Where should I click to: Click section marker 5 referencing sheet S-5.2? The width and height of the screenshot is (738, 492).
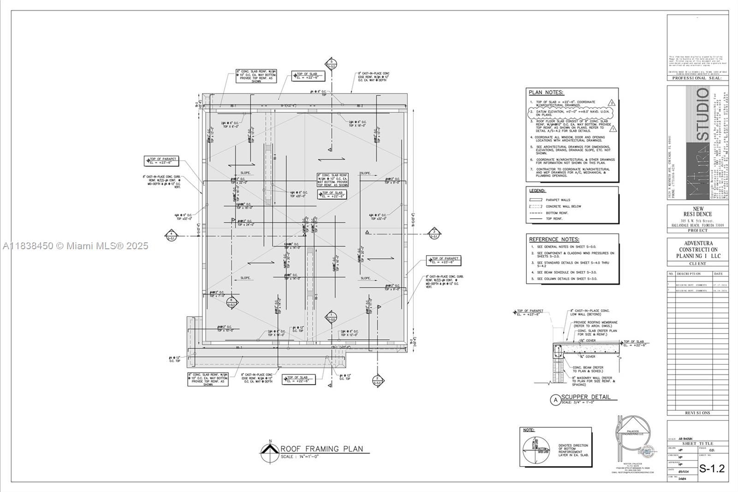[331, 64]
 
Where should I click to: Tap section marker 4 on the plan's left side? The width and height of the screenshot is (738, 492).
[171, 235]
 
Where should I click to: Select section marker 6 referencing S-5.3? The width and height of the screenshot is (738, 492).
[232, 302]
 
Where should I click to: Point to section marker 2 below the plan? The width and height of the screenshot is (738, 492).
[377, 380]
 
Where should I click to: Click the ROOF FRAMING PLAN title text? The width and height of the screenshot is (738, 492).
[322, 449]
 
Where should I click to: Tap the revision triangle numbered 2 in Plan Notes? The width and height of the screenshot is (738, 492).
[612, 103]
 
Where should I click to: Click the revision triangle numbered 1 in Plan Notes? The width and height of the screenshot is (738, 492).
[613, 129]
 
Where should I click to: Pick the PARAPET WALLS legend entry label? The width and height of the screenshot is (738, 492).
[558, 200]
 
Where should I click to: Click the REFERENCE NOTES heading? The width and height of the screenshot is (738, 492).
[554, 240]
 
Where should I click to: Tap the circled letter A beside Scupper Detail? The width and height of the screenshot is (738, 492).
[555, 400]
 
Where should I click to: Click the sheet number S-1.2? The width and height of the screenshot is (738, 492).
[712, 469]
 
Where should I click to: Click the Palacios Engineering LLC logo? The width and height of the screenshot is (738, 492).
[633, 436]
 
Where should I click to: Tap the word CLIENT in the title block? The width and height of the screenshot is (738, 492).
[697, 264]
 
